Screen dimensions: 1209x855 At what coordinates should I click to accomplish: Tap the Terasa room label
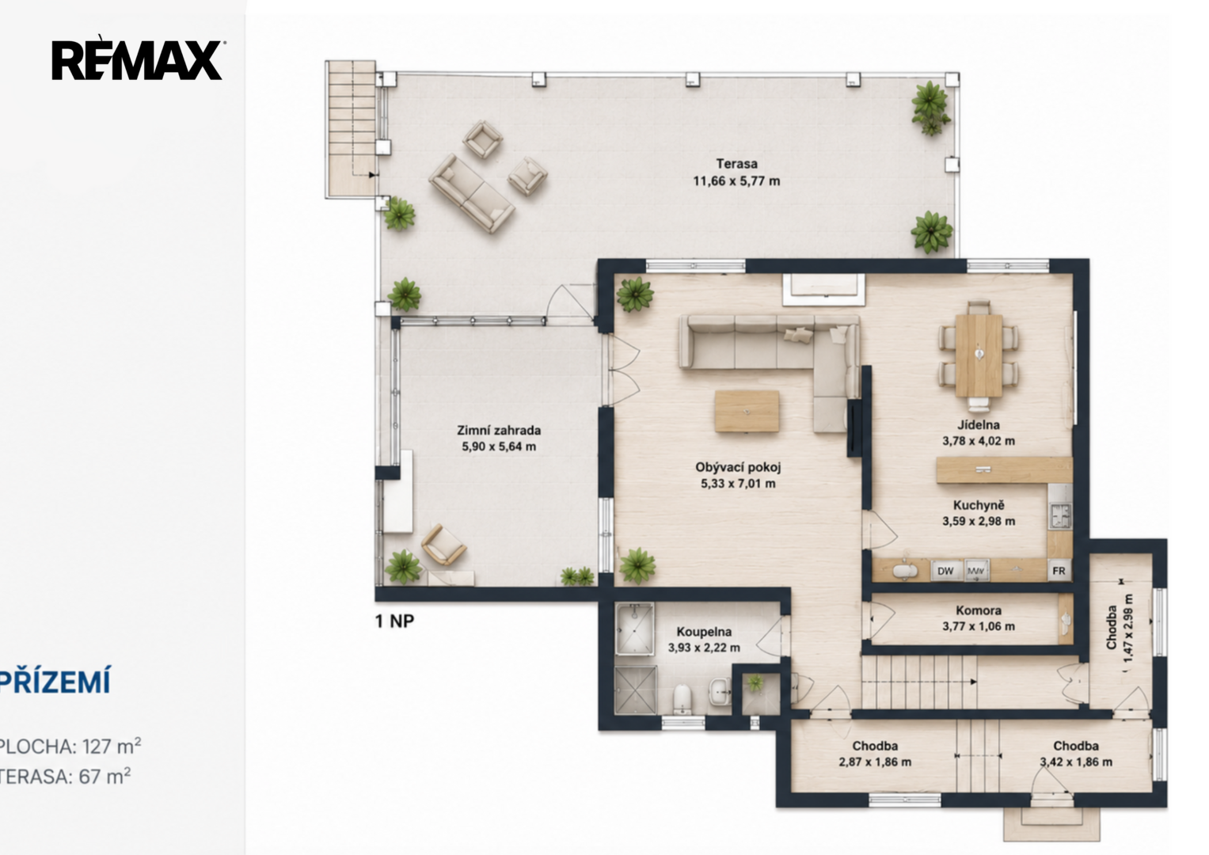click(x=736, y=164)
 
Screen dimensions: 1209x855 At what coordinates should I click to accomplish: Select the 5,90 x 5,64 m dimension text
click(x=499, y=446)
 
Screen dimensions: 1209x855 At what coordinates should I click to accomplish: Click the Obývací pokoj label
click(x=738, y=467)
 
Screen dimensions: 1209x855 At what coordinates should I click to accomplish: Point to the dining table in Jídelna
click(x=979, y=355)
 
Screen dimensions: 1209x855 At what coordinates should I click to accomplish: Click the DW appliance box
click(x=945, y=571)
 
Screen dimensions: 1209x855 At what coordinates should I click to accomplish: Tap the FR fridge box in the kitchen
click(x=1059, y=571)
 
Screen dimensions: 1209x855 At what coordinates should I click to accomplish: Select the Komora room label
click(x=979, y=610)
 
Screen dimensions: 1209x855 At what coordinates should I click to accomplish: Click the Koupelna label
click(x=704, y=632)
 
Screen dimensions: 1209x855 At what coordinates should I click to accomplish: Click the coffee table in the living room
click(x=747, y=412)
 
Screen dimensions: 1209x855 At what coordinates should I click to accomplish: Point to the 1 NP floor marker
click(x=394, y=621)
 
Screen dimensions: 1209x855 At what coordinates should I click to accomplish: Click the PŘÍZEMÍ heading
click(x=55, y=682)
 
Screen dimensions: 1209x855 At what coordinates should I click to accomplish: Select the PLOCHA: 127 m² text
click(x=70, y=747)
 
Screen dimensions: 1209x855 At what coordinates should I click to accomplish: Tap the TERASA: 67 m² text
click(x=65, y=776)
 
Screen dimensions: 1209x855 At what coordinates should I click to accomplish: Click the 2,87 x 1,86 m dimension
click(x=875, y=762)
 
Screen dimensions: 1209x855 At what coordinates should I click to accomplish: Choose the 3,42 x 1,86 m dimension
click(x=1076, y=762)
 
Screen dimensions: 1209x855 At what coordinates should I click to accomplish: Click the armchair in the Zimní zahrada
click(x=443, y=545)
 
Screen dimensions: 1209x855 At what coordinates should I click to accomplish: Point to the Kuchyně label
click(x=979, y=505)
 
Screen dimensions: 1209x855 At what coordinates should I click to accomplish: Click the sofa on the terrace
click(x=471, y=192)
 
